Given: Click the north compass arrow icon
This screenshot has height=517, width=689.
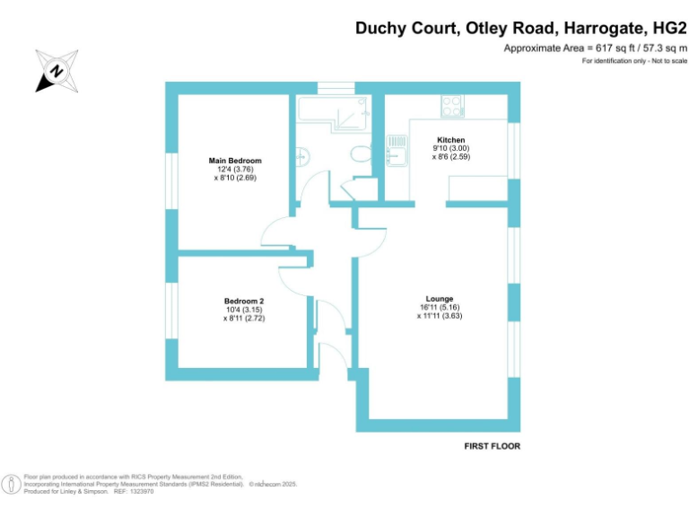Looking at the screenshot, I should click(56, 71).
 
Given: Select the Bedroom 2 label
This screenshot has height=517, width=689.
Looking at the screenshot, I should click(244, 301).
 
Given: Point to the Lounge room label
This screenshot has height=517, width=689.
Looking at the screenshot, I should click(440, 299).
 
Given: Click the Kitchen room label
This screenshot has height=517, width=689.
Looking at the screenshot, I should click(450, 140).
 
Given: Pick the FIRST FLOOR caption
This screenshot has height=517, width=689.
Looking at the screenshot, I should click(492, 446).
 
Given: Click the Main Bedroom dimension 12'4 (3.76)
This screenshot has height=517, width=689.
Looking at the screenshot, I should click(235, 169).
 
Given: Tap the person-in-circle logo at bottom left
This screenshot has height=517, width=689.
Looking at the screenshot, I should click(11, 484).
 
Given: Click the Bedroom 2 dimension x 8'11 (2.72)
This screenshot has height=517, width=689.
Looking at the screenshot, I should click(244, 318).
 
